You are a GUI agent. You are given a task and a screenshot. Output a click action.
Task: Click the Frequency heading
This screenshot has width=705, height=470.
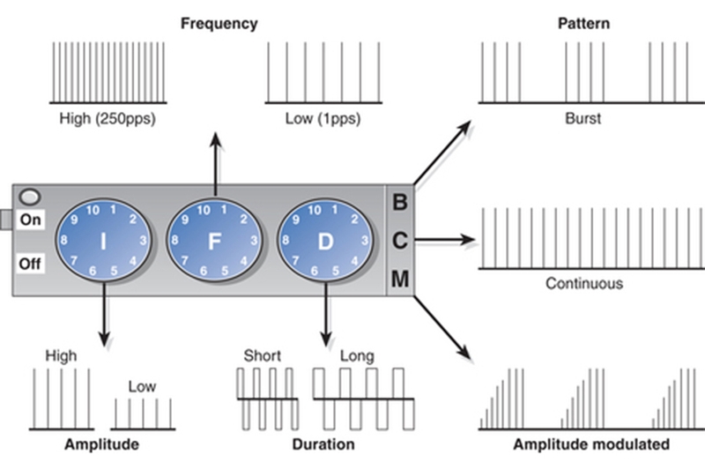[x=219, y=24]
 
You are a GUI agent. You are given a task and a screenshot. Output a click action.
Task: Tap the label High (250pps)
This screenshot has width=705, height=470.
[x=108, y=118]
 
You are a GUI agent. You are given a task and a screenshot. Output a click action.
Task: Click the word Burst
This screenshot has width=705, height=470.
[x=583, y=118]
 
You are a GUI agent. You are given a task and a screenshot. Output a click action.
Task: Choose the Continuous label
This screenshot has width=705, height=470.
[x=583, y=284]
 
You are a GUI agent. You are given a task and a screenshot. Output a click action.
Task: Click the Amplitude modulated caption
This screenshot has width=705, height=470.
[x=591, y=444]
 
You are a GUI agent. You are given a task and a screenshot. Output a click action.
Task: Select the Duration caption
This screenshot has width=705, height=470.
[x=323, y=444]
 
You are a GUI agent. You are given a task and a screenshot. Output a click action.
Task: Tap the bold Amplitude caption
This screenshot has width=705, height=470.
[x=101, y=444]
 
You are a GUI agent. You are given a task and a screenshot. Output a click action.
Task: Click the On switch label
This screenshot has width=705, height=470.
[x=31, y=220]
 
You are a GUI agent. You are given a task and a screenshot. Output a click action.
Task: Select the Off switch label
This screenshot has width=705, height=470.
[x=31, y=263]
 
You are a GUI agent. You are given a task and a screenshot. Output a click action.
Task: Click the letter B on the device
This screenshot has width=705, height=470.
[x=399, y=202]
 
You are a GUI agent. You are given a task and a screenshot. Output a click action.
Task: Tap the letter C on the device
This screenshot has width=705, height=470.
[x=399, y=240]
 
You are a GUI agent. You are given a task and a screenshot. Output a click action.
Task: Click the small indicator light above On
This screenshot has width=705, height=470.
[x=31, y=198]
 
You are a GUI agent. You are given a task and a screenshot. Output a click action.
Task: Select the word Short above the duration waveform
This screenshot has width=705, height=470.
[x=262, y=356]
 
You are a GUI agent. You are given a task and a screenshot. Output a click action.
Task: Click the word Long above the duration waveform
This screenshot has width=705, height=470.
[x=356, y=356]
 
